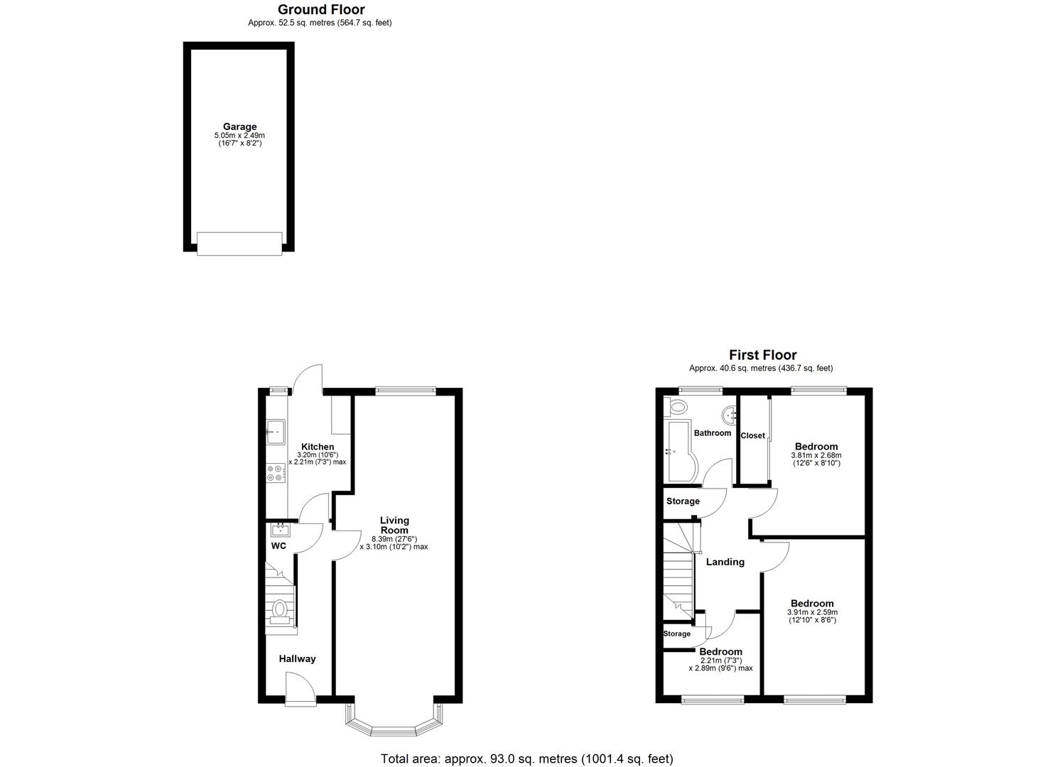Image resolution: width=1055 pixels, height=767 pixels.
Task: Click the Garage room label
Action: pyautogui.click(x=239, y=127)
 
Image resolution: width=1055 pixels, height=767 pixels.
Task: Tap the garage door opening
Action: pyautogui.click(x=239, y=244)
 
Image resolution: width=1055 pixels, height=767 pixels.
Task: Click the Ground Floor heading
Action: pyautogui.click(x=320, y=10)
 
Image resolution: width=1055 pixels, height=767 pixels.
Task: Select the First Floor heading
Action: pyautogui.click(x=762, y=355)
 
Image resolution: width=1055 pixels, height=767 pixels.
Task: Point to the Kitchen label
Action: pyautogui.click(x=317, y=447)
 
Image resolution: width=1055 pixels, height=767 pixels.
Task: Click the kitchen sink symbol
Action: pyautogui.click(x=276, y=431)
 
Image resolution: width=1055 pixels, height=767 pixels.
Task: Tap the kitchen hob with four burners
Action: pyautogui.click(x=276, y=472)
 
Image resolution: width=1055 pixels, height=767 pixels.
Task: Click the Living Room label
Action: pyautogui.click(x=394, y=526)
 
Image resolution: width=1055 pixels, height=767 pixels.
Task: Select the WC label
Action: pyautogui.click(x=278, y=546)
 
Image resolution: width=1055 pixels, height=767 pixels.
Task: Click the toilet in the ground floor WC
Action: pyautogui.click(x=280, y=610)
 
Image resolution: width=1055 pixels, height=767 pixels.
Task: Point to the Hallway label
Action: pyautogui.click(x=297, y=659)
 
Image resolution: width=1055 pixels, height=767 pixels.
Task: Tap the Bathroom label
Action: pyautogui.click(x=712, y=433)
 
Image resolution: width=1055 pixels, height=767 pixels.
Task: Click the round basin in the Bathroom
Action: pyautogui.click(x=729, y=414)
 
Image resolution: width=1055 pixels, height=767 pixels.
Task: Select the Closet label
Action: pyautogui.click(x=752, y=436)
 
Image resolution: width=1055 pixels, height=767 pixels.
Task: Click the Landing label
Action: pyautogui.click(x=725, y=562)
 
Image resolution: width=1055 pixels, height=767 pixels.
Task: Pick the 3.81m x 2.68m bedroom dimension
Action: pyautogui.click(x=816, y=456)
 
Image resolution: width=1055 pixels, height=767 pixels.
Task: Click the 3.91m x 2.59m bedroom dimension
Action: pyautogui.click(x=812, y=612)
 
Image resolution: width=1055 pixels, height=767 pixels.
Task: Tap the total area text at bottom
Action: pyautogui.click(x=526, y=759)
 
